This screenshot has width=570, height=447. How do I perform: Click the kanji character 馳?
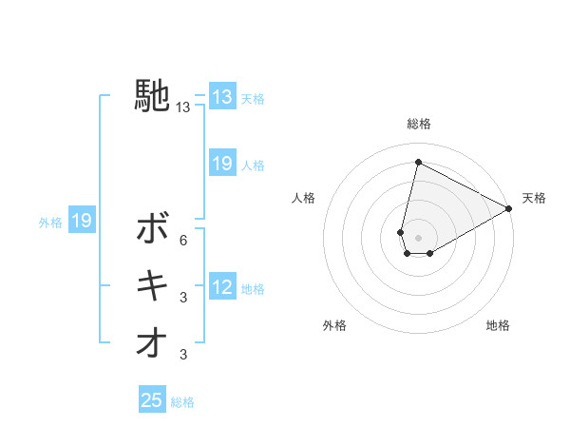152,96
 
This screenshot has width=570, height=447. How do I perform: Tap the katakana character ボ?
152,228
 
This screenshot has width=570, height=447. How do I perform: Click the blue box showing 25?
152,400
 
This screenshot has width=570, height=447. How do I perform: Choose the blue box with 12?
222,287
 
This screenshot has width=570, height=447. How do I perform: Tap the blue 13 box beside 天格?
222,96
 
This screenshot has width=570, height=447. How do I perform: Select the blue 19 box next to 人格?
222,164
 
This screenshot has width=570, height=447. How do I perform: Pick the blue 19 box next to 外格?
82,222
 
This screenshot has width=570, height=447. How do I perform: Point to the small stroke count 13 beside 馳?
182,108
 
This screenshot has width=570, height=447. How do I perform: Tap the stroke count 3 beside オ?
182,356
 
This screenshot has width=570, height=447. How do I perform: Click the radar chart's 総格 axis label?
419,125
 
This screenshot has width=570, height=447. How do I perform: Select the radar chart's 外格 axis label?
334,325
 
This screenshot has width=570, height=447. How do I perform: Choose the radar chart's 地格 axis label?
498,325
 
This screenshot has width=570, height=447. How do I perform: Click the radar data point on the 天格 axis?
510,209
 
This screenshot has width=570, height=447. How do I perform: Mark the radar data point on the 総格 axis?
418,162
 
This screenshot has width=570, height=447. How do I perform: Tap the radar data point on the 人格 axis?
401,232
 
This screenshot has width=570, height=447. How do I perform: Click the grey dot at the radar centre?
418,238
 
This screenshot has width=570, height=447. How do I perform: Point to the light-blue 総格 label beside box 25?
182,402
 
